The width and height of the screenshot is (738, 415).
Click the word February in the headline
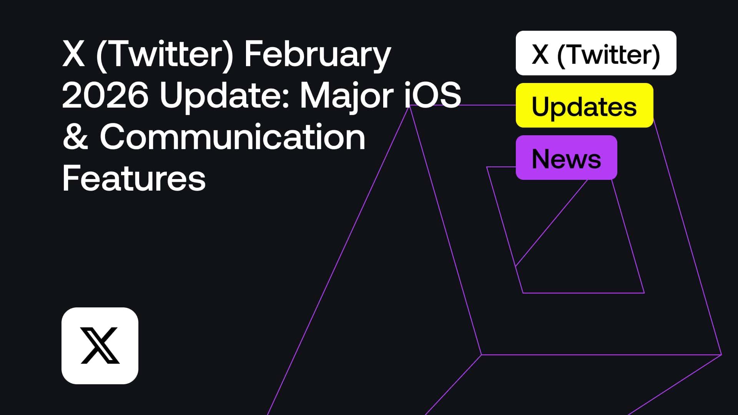pos(317,55)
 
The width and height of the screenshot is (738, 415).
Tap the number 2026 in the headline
pos(105,96)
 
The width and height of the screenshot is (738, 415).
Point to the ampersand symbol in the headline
pos(75,138)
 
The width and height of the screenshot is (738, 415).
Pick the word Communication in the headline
pos(233,137)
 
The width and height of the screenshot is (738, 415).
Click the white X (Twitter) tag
pos(596,53)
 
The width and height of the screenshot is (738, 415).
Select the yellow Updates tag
pos(584,105)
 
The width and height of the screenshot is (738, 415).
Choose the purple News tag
pos(566,158)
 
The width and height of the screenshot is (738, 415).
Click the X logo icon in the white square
pos(100,345)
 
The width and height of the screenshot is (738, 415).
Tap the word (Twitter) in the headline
pos(165,55)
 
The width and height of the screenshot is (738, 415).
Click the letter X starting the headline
pos(73,55)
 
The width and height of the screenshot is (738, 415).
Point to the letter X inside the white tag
pos(540,54)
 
